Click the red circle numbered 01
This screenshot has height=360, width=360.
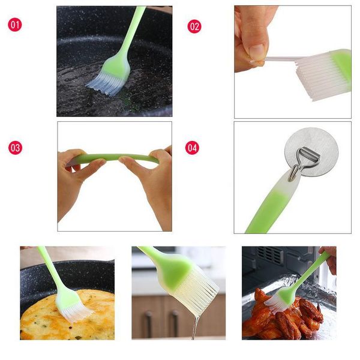click(15, 25)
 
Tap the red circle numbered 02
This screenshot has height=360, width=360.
click(194, 26)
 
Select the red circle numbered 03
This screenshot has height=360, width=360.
click(16, 148)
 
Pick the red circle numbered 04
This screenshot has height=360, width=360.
click(192, 148)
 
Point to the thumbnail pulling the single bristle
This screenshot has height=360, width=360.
click(256, 52)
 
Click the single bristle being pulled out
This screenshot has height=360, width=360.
click(281, 59)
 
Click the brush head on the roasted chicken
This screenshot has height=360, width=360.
click(278, 299)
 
